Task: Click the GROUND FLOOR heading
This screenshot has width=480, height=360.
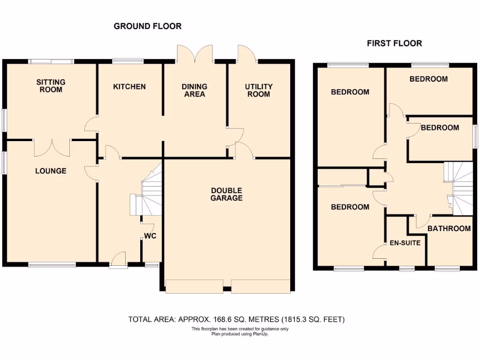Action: pos(148,26)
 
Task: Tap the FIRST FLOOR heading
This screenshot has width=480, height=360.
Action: pos(394,43)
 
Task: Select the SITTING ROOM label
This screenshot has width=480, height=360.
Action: pos(51,86)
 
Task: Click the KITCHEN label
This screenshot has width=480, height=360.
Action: pos(129,87)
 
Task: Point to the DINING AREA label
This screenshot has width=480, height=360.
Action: pos(195,90)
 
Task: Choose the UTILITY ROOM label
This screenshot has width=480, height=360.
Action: pos(258,90)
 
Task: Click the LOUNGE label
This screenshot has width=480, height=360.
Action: pos(51,171)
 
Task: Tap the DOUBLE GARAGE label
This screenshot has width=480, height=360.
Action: pos(226,194)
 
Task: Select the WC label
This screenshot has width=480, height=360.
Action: pos(150,236)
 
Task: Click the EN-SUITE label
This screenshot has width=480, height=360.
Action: pos(405,243)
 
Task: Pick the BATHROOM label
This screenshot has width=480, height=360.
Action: pos(449,229)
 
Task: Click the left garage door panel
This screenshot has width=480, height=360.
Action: pos(194,286)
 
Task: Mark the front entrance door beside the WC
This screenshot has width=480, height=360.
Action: pos(118,259)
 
